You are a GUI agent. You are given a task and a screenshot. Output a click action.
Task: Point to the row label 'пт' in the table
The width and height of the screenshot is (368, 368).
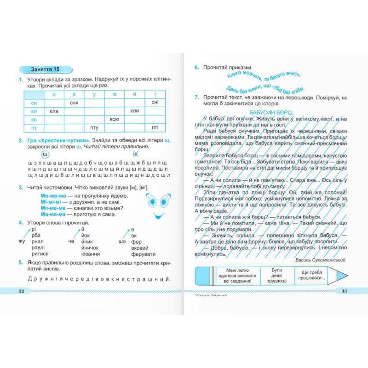pos(34,127)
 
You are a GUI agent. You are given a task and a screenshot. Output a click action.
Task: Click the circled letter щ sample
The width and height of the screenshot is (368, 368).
pos(45,154)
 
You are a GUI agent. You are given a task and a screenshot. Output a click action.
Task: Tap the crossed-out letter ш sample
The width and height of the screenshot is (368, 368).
pos(136,154)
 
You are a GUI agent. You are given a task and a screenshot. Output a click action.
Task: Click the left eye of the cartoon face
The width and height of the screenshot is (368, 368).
pos(150,200)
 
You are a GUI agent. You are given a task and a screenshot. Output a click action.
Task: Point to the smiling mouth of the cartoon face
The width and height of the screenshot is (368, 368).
pos(158,215)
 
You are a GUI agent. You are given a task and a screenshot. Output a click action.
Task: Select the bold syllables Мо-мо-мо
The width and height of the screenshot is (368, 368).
pos(47,195)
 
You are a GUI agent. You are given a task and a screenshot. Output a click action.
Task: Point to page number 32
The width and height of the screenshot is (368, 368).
pos(21,291)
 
